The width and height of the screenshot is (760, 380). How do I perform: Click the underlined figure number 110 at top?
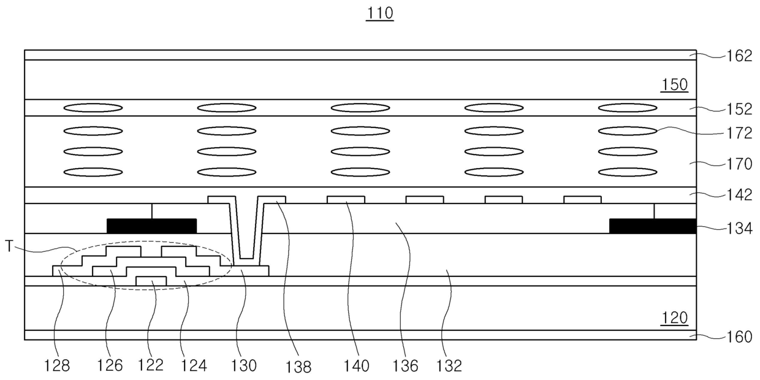(x=379, y=13)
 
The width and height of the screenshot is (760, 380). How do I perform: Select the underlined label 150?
(x=674, y=85)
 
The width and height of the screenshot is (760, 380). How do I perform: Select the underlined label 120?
(x=674, y=318)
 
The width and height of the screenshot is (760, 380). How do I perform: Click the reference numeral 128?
(x=57, y=366)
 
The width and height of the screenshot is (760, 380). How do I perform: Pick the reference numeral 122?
(x=151, y=365)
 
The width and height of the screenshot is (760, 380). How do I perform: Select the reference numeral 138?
(x=298, y=367)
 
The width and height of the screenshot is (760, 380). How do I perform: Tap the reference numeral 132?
(x=449, y=366)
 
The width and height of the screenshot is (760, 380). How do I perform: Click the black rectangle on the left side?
(x=151, y=226)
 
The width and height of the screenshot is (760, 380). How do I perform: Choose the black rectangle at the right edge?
(x=653, y=226)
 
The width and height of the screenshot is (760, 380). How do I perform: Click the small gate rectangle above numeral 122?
(x=151, y=281)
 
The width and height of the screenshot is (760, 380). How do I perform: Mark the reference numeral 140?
(x=357, y=366)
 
